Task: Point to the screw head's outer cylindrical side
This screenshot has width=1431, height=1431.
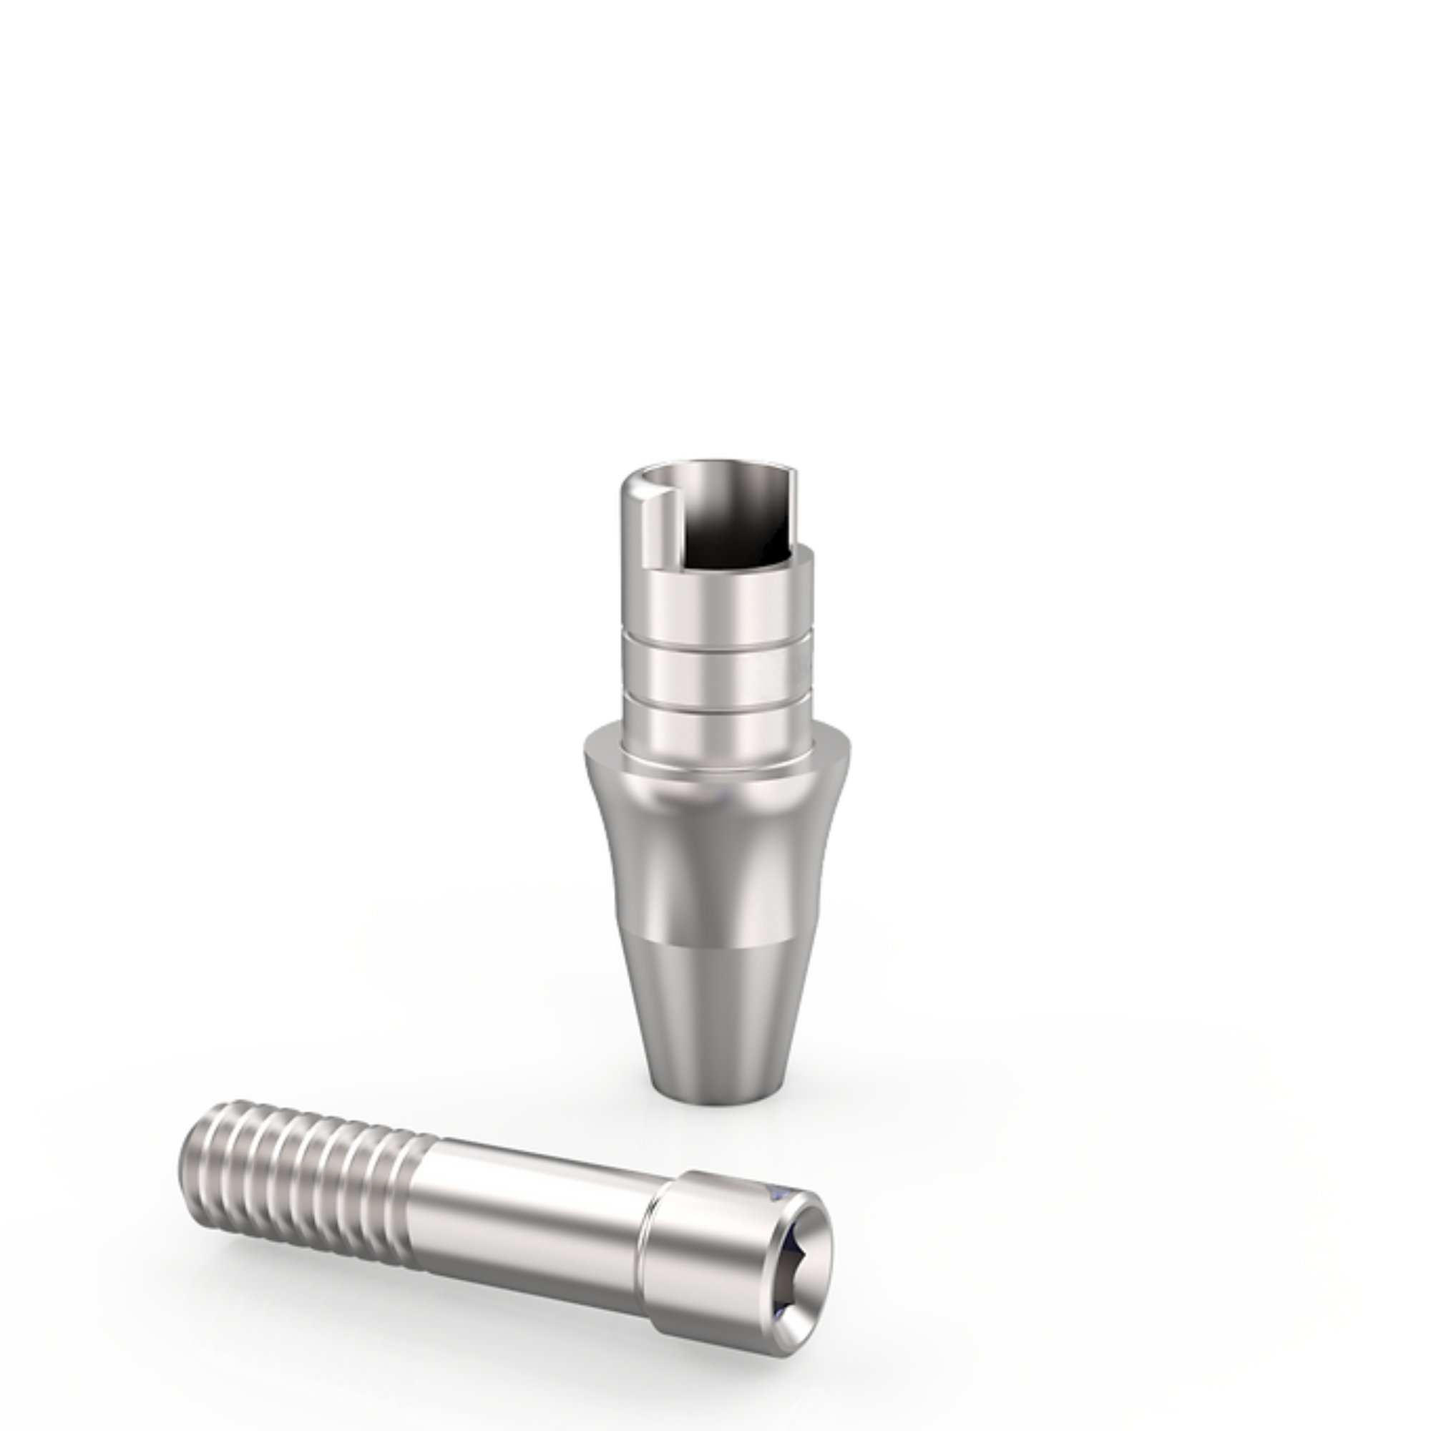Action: point(703,1259)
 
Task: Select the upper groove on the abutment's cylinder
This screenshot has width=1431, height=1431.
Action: point(715,650)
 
